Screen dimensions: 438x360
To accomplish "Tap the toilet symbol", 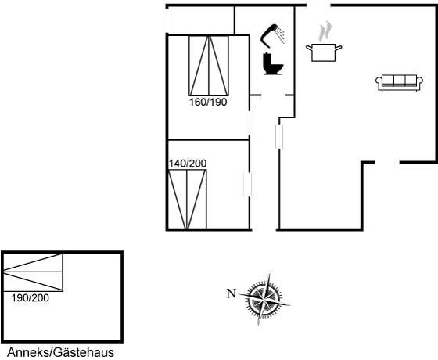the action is click(273, 64).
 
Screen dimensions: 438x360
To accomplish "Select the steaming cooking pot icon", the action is click(324, 42).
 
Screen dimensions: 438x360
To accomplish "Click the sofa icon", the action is click(399, 82).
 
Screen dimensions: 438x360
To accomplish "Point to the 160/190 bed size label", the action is click(208, 103).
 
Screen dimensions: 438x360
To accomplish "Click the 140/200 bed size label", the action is click(188, 164).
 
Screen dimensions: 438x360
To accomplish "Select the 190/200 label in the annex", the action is click(31, 298).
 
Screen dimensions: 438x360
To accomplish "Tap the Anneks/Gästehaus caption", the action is click(61, 352).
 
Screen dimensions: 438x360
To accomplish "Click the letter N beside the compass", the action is click(232, 293).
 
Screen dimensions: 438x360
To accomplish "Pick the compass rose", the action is click(264, 300).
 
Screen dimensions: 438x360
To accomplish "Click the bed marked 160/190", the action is click(209, 66).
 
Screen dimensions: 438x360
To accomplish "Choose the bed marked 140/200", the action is click(187, 199).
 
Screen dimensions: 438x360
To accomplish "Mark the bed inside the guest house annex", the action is click(33, 272).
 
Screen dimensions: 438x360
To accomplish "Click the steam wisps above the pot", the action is click(325, 31).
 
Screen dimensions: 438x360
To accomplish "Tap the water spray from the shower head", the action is click(281, 35).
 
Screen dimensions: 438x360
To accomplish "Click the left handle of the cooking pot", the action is click(309, 48).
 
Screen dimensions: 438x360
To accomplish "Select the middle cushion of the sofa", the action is click(399, 80).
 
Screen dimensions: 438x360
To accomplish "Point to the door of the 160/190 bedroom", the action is click(250, 123).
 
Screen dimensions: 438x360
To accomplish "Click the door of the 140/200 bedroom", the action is click(247, 185).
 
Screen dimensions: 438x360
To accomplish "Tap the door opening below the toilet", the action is click(273, 95).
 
